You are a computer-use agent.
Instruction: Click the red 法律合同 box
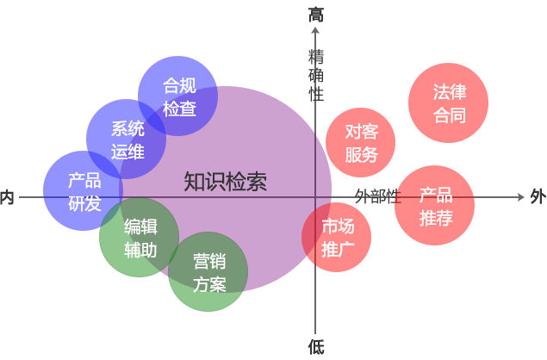[448, 102]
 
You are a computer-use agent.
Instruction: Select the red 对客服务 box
[361, 143]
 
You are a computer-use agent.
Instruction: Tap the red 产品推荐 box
[435, 206]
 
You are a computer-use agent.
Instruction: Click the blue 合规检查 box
[179, 96]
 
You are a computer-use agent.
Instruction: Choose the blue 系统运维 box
[127, 140]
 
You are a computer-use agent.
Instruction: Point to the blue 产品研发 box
[84, 191]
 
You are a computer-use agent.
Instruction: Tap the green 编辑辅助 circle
[140, 238]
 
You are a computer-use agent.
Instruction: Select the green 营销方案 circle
[208, 271]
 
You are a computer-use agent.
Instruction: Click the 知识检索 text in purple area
[225, 182]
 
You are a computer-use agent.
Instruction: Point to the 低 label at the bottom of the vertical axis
[316, 346]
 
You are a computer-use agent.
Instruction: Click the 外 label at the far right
[538, 196]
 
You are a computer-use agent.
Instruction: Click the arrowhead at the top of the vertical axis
[316, 32]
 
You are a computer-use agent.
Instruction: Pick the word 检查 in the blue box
[179, 108]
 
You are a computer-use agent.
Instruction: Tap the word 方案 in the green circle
[209, 284]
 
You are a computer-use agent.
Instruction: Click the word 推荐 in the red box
[436, 218]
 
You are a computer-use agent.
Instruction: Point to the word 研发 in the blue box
[84, 203]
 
